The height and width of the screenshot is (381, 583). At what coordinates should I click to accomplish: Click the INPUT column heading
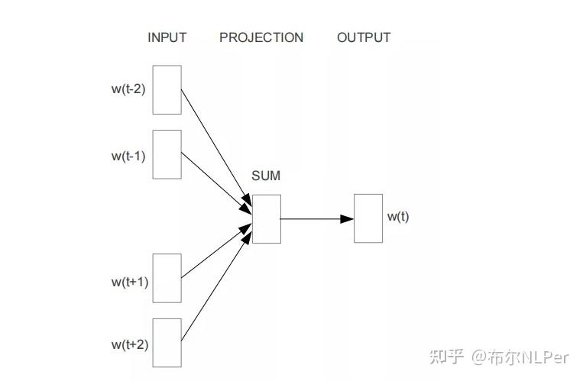pyautogui.click(x=167, y=37)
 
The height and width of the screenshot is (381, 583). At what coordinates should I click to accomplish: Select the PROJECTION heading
pyautogui.click(x=261, y=37)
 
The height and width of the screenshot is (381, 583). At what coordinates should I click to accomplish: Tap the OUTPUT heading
pyautogui.click(x=364, y=37)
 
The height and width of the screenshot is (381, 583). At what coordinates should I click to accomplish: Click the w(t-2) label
pyautogui.click(x=128, y=89)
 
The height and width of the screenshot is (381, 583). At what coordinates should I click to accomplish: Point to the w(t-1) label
pyautogui.click(x=128, y=156)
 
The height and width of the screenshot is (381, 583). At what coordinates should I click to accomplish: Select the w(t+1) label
pyautogui.click(x=129, y=281)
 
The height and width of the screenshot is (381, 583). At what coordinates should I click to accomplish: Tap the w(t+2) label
pyautogui.click(x=129, y=344)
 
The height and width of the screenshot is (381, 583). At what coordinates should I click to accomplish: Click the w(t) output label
pyautogui.click(x=397, y=216)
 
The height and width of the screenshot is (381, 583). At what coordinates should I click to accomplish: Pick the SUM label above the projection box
pyautogui.click(x=266, y=176)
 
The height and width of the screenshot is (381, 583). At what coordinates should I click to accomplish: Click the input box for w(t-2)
pyautogui.click(x=167, y=89)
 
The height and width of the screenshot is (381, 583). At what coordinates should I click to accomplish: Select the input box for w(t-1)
pyautogui.click(x=167, y=154)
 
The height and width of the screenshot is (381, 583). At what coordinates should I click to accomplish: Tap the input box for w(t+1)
pyautogui.click(x=167, y=279)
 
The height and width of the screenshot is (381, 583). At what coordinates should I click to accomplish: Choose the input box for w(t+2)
pyautogui.click(x=167, y=343)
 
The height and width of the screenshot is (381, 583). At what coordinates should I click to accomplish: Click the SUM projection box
pyautogui.click(x=266, y=219)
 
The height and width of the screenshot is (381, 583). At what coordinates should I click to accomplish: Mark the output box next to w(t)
pyautogui.click(x=368, y=218)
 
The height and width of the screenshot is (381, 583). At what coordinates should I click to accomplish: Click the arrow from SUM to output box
pyautogui.click(x=313, y=219)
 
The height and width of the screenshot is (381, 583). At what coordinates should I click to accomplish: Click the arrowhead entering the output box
pyautogui.click(x=347, y=219)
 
